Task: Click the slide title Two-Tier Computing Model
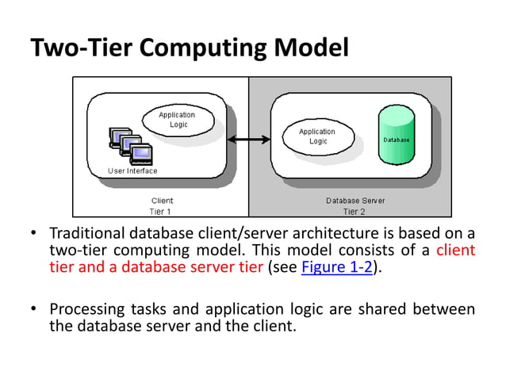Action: [x=189, y=48]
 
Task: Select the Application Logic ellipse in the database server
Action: [x=317, y=136]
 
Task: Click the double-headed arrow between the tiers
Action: [x=248, y=140]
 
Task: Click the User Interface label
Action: [x=132, y=170]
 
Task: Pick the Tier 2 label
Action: [x=355, y=212]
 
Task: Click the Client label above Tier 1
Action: [x=161, y=201]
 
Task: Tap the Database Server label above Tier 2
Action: [x=355, y=201]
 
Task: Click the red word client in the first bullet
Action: [x=456, y=250]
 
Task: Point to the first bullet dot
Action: [x=34, y=234]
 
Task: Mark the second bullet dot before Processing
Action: [x=34, y=308]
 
